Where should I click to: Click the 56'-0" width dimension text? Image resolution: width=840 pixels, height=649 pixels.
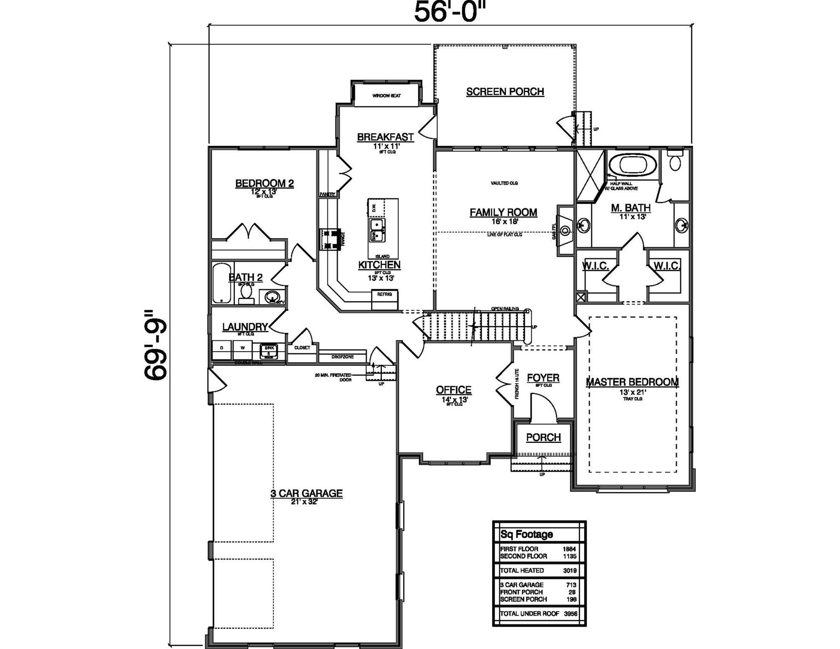click(x=450, y=11)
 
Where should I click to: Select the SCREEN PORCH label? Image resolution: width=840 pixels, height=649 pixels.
click(x=505, y=92)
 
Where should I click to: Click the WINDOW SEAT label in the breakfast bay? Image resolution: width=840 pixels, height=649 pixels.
click(x=386, y=96)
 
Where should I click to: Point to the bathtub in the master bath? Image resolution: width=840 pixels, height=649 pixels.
click(x=632, y=165)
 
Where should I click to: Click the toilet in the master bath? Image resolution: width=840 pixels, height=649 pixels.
click(x=675, y=161)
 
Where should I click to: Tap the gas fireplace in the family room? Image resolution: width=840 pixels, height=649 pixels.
click(x=565, y=230)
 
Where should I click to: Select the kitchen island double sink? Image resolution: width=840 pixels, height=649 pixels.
click(x=377, y=229)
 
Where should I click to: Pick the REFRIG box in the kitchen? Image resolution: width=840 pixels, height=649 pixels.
click(x=385, y=295)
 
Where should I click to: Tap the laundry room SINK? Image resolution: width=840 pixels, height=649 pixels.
click(x=269, y=350)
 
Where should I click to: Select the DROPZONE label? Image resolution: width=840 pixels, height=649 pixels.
click(x=342, y=357)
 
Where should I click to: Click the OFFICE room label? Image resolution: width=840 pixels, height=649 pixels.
click(x=453, y=390)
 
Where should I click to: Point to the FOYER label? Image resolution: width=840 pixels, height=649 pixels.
click(x=543, y=378)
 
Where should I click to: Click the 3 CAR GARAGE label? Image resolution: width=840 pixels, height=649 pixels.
click(x=306, y=493)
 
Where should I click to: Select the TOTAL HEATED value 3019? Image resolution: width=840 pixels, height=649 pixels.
click(x=570, y=570)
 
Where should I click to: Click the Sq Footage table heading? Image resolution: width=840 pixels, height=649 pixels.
click(x=526, y=534)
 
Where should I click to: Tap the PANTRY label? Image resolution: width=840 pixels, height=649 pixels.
click(x=327, y=194)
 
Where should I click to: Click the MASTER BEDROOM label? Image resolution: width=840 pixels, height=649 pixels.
click(x=632, y=382)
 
